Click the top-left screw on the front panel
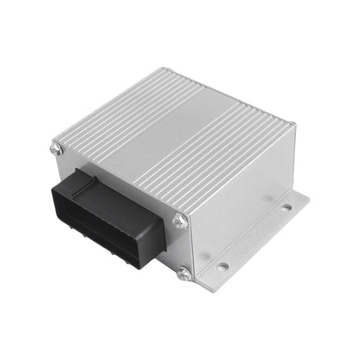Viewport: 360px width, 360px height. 57,147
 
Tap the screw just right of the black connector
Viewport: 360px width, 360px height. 179,221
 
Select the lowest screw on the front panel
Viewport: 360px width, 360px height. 185,274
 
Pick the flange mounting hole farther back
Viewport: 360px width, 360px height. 286,208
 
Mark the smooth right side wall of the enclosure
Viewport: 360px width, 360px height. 240,200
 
